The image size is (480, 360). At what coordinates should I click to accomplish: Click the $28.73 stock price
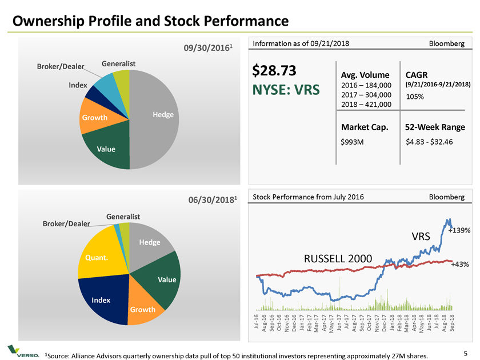pyautogui.click(x=274, y=70)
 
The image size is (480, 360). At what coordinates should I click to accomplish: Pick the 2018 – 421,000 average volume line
pyautogui.click(x=366, y=104)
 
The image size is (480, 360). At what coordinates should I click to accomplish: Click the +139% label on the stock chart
pyautogui.click(x=459, y=230)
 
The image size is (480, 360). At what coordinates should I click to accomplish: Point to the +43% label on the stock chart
pyautogui.click(x=460, y=265)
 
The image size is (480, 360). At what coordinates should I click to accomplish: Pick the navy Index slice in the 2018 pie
pyautogui.click(x=103, y=300)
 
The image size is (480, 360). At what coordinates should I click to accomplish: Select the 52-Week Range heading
pyautogui.click(x=434, y=127)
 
